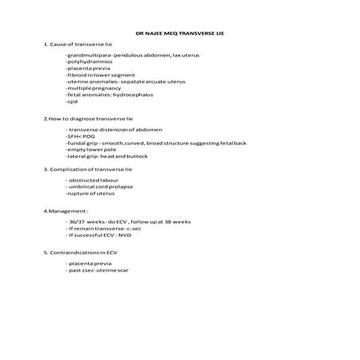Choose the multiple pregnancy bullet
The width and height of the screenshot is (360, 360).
pyautogui.click(x=93, y=88)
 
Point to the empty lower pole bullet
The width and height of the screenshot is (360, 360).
pyautogui.click(x=91, y=149)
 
